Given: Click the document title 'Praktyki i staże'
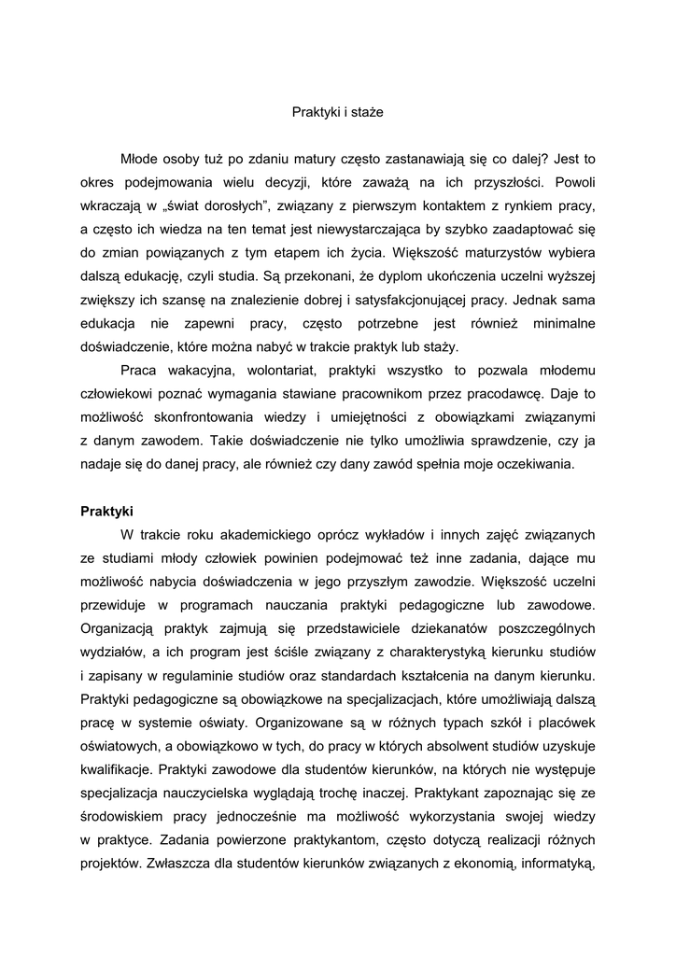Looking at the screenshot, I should coord(337,112).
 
